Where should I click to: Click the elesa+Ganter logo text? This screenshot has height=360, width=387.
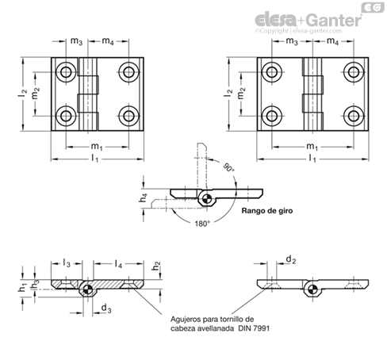308,20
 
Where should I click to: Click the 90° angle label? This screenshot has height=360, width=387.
228,167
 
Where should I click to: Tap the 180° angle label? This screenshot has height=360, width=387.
202,224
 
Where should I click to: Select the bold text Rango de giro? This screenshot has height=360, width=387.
267,211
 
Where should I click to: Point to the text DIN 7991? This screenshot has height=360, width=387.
254,328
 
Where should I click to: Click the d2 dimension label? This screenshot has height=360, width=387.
291,259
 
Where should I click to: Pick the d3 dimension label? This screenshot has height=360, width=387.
106,308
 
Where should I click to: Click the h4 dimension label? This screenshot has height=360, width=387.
144,197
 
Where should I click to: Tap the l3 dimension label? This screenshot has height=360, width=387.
67,263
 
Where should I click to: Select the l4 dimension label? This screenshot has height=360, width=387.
118,263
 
